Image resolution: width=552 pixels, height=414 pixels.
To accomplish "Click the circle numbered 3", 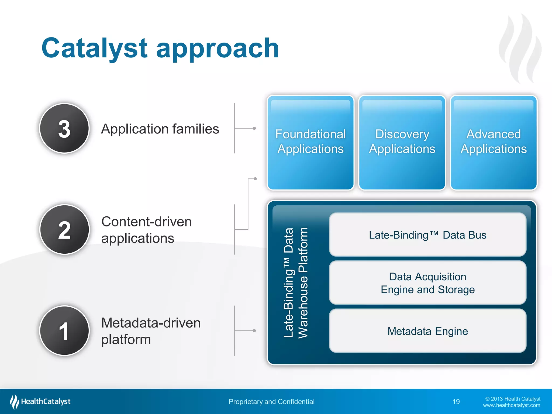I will click(x=64, y=128).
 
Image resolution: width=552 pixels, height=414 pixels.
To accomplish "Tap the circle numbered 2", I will click(x=64, y=229).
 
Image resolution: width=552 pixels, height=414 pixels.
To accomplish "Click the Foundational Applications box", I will click(x=310, y=142).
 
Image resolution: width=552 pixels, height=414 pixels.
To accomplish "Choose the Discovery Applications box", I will click(x=402, y=142).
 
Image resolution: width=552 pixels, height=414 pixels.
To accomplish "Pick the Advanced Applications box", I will click(x=494, y=142).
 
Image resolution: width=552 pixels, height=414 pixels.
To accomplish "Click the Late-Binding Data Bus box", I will click(x=427, y=235).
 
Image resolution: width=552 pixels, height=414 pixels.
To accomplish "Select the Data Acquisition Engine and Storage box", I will click(x=427, y=283).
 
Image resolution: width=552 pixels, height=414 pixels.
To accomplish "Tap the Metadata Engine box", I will click(x=427, y=331).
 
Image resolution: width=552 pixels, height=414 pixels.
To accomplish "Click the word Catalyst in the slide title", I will click(x=94, y=49).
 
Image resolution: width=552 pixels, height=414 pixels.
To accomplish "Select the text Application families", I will click(x=160, y=129).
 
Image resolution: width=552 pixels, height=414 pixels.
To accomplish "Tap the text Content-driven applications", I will click(x=146, y=230).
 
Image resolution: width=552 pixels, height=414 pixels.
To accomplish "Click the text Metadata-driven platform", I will click(x=151, y=331).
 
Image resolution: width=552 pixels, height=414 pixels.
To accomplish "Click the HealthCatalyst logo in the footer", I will click(x=40, y=401).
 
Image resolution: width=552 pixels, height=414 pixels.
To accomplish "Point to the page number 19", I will click(x=456, y=402).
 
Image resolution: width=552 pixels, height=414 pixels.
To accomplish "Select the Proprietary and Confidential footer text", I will click(x=271, y=402).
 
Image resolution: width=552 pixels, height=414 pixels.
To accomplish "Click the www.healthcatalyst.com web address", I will click(x=511, y=405).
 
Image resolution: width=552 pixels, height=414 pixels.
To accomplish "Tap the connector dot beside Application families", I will click(x=254, y=128).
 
